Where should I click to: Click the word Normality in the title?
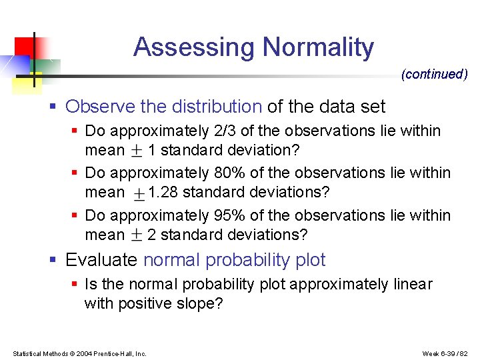[318, 48]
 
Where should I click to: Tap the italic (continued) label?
[434, 75]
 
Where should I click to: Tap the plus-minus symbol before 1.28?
[139, 193]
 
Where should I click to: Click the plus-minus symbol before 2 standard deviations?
[136, 235]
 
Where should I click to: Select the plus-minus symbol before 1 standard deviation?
[136, 151]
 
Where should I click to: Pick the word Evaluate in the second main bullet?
[102, 260]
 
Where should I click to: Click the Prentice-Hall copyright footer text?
[79, 353]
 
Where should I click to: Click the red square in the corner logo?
[24, 46]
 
